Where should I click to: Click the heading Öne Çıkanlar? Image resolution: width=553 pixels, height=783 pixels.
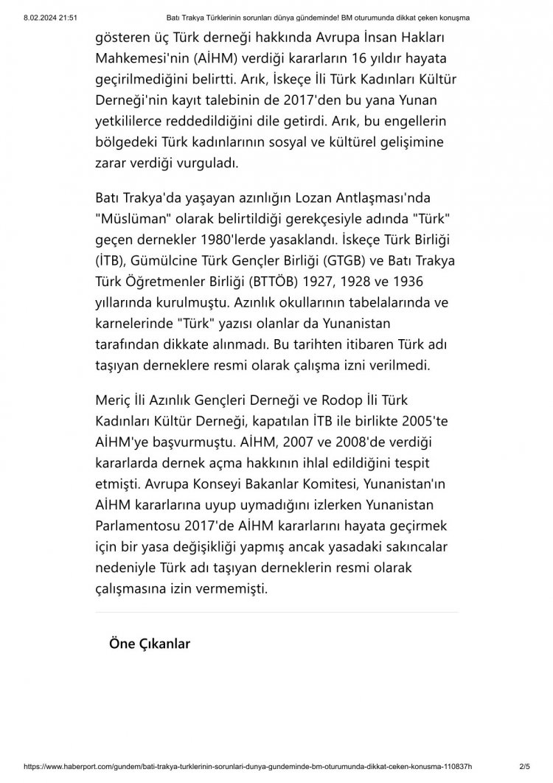pyautogui.click(x=150, y=644)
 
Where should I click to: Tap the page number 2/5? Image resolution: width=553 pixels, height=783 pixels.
pyautogui.click(x=525, y=767)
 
